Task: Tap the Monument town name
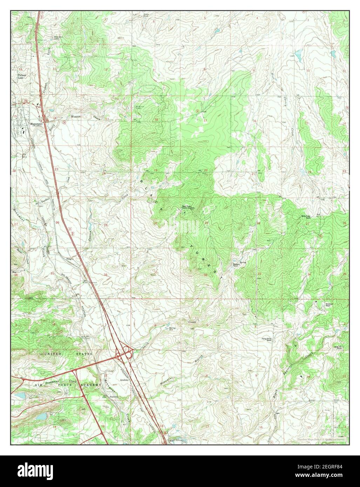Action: click(36, 124)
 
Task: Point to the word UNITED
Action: click(53, 354)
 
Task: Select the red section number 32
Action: click(205, 275)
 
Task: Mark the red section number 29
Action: click(206, 223)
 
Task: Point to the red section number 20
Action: click(206, 171)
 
